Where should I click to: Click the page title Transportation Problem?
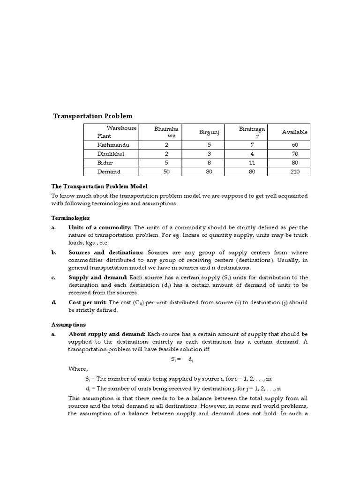[x=92, y=116]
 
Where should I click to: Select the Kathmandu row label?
[x=113, y=145]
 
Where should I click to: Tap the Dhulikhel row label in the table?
[x=112, y=154]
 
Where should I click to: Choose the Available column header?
[x=294, y=132]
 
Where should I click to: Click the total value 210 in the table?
[x=294, y=172]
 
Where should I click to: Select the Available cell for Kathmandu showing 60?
[x=294, y=145]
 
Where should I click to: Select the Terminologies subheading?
[x=70, y=218]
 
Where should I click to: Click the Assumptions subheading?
[x=68, y=324]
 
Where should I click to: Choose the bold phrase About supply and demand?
[x=107, y=334]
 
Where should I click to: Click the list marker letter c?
[x=53, y=277]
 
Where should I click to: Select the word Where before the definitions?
[x=78, y=369]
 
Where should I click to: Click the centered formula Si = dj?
[x=182, y=360]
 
